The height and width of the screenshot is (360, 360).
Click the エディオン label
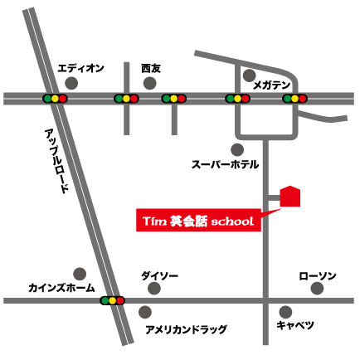coord(80,69)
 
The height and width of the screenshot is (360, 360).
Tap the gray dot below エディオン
coord(71,84)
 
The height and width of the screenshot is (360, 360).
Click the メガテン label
coord(273,85)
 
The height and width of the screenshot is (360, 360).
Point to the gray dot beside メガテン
coord(249,75)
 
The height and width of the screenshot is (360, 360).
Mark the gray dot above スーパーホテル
coord(237,149)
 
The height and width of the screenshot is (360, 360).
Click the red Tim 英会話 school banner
coord(197,221)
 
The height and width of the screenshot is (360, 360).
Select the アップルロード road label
coord(59,162)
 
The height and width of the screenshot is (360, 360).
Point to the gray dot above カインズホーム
coord(80,272)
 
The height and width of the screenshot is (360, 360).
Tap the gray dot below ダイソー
coord(153,289)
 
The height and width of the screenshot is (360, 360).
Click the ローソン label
coord(318,275)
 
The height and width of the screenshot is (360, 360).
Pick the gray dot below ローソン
coord(316,289)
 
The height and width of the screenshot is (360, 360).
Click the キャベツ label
coord(296,324)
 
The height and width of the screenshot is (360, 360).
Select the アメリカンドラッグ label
coord(186,329)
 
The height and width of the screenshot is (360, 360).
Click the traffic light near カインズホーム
coord(111,300)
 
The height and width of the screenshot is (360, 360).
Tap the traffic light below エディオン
coord(55,99)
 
